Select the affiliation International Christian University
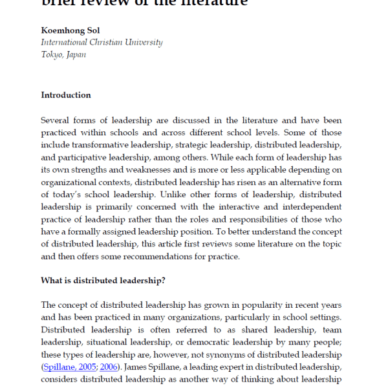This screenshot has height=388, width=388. click(x=102, y=43)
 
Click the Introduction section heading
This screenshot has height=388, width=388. click(x=66, y=95)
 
